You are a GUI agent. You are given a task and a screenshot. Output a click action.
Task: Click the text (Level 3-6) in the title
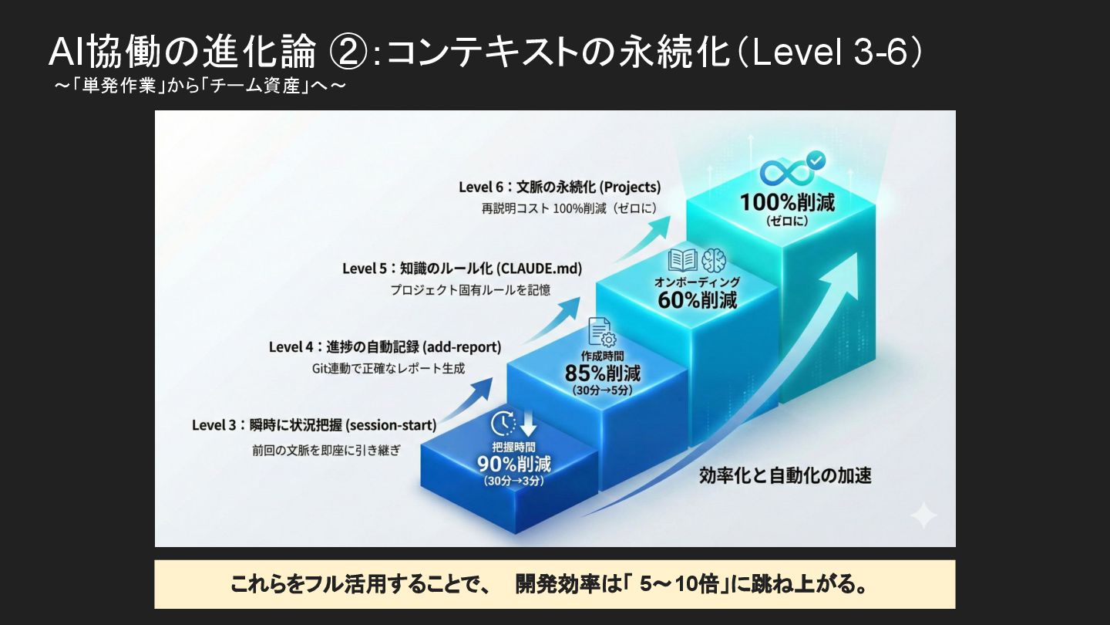click(x=836, y=53)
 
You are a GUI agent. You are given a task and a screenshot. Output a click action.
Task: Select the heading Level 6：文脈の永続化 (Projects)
click(x=560, y=187)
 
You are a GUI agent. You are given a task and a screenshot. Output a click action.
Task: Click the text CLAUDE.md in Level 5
click(x=540, y=269)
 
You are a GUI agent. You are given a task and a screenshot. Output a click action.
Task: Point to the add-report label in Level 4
click(x=462, y=346)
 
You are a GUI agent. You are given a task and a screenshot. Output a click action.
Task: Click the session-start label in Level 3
click(x=391, y=424)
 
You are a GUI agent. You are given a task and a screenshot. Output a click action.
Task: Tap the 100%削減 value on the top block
click(x=787, y=202)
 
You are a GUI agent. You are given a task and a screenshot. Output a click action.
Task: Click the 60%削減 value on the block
click(x=697, y=299)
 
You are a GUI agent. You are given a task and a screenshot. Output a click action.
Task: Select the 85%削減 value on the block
click(x=603, y=374)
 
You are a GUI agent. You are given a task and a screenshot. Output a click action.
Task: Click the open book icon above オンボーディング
click(x=682, y=260)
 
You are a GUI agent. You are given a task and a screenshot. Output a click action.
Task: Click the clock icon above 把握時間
click(x=503, y=424)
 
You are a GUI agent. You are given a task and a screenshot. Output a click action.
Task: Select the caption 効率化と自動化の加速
click(x=785, y=475)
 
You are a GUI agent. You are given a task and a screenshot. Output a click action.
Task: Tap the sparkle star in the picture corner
click(x=922, y=515)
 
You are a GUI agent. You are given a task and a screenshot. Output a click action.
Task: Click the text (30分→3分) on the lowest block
click(x=514, y=481)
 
